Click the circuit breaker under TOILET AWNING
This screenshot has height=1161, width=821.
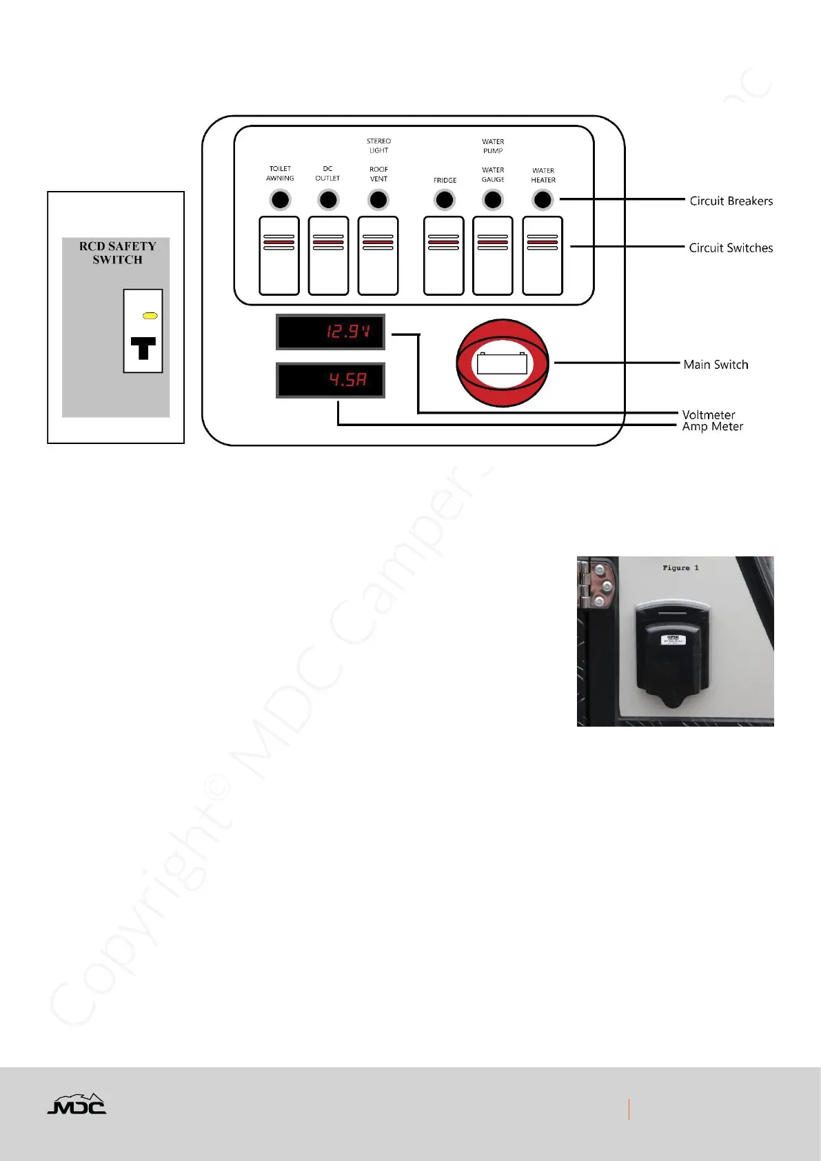click(280, 200)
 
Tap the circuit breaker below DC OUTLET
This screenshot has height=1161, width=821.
click(328, 200)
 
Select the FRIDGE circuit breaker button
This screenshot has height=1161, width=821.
click(445, 200)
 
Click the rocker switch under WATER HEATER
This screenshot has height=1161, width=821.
click(543, 255)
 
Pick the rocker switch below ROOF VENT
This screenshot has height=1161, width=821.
click(378, 255)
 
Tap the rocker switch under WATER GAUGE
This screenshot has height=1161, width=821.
click(493, 255)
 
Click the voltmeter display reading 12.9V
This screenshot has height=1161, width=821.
click(330, 332)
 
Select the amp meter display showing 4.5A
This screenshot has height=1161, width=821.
click(330, 380)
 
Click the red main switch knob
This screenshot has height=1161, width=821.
click(503, 363)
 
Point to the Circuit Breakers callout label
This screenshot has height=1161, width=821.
click(731, 201)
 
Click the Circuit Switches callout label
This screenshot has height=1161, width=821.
click(731, 248)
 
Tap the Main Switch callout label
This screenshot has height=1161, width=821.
click(716, 365)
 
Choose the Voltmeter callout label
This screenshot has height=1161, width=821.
click(709, 415)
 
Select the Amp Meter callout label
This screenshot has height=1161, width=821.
click(712, 427)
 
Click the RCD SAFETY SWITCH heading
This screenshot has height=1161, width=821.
click(117, 253)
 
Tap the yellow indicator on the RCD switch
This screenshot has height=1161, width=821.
click(150, 316)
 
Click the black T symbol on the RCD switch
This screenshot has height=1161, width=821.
click(143, 348)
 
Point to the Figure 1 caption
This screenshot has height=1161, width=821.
click(680, 568)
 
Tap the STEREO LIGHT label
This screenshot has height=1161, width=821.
click(378, 145)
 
